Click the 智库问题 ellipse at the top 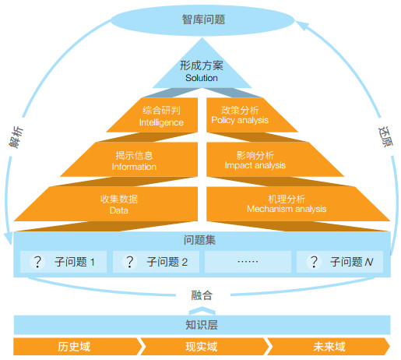202,20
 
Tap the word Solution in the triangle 202,78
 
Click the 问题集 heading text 199,240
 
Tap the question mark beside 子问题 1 38,262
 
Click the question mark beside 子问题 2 130,262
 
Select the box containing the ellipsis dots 248,262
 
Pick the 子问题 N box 339,262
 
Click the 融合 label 202,295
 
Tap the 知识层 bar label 202,325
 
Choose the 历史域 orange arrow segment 77,347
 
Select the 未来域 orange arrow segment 329,347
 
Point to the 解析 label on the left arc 16,137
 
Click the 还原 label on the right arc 385,137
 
